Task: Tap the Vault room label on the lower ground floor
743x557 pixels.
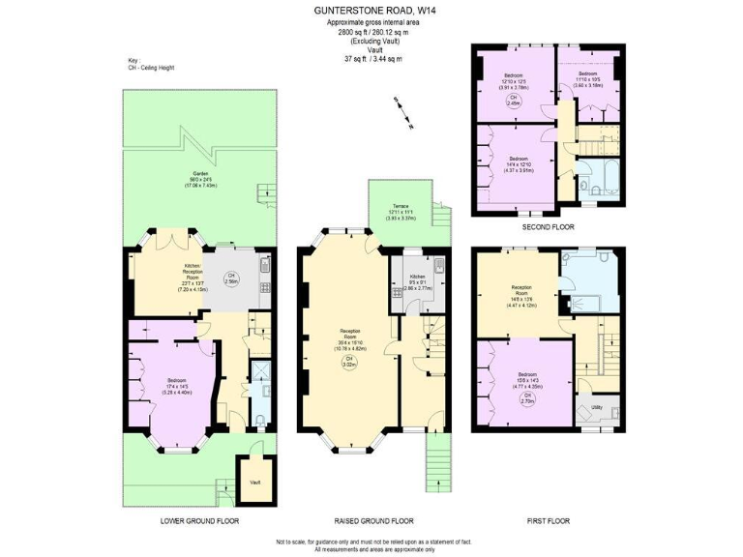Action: (255, 482)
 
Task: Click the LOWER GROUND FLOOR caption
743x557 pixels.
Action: (199, 521)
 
